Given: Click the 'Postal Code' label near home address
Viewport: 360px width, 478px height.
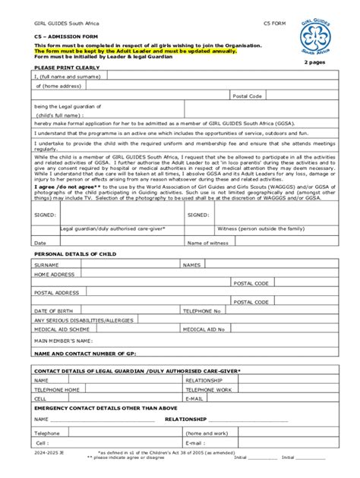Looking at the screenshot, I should pos(248,96).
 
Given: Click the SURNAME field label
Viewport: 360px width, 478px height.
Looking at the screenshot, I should pos(47,265).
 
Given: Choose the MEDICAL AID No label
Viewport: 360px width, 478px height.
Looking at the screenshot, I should pos(205,329).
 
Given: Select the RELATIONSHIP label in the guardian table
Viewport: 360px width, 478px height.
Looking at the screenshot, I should pos(204,379).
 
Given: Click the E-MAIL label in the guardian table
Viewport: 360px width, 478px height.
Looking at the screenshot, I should pos(194,398).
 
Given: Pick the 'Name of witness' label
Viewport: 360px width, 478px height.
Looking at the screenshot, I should pos(208,243).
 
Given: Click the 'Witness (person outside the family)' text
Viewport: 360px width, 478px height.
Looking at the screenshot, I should pos(260,228).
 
